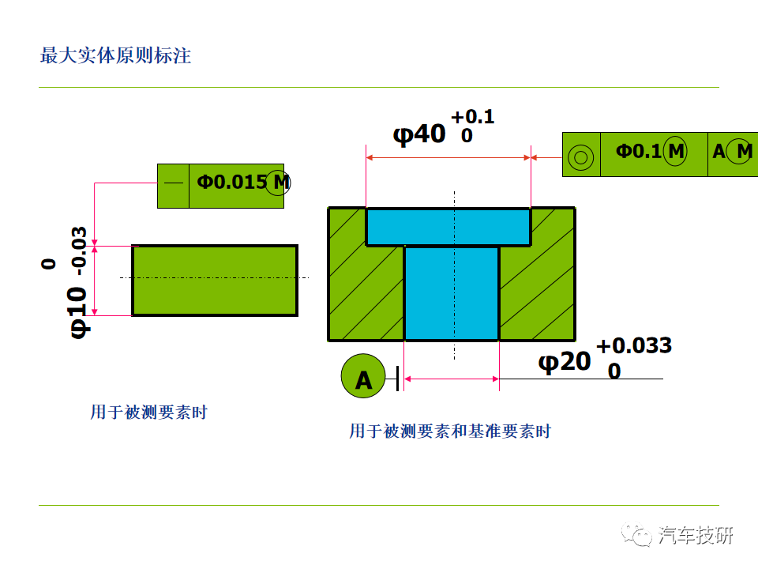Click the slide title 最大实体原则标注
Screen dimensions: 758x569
115,55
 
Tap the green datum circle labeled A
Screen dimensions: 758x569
363,376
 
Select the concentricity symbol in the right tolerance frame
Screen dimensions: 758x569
580,156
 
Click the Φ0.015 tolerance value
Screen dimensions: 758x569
231,183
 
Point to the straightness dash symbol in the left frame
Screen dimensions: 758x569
174,183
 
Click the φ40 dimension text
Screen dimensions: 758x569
419,134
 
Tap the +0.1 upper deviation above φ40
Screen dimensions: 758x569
472,117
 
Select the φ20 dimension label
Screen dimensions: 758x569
564,362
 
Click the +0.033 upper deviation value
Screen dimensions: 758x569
634,345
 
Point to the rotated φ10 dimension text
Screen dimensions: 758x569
78,313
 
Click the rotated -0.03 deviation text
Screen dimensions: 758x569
79,251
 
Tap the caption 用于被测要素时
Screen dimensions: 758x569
149,413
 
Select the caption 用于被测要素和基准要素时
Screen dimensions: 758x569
450,431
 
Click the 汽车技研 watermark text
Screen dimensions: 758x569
696,535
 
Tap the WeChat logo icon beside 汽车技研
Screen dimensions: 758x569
636,535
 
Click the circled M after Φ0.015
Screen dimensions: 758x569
278,183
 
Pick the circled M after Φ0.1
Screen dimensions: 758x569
675,152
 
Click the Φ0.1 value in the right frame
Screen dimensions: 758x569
638,152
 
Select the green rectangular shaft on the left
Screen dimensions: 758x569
215,281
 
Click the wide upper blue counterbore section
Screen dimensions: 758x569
448,227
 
